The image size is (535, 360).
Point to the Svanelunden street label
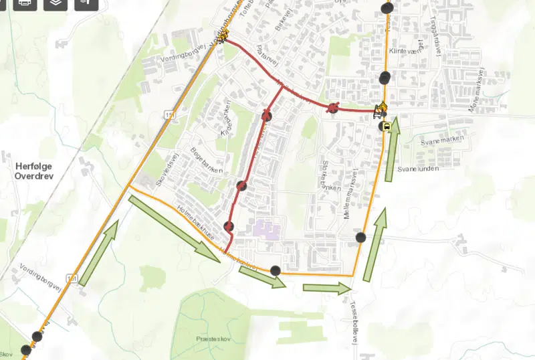[419, 170]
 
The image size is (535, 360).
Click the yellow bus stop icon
[386, 126]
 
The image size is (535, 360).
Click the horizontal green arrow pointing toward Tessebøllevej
[327, 288]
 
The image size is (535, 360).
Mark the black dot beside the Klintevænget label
[384, 77]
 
